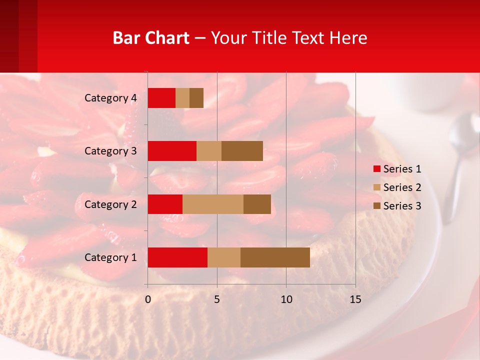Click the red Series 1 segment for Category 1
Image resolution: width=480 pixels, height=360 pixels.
[x=177, y=257]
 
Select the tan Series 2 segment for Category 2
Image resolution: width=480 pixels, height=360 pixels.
[x=213, y=204]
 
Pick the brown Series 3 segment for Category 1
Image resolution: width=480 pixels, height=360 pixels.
[x=275, y=257]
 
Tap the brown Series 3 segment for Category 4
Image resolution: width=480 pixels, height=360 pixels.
[x=196, y=98]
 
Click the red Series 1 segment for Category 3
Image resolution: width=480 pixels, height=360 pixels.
[x=172, y=151]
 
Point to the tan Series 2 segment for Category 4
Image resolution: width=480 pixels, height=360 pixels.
[x=182, y=98]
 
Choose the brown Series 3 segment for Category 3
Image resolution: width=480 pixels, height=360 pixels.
[x=242, y=151]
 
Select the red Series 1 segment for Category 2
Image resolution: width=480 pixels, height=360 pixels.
[x=165, y=204]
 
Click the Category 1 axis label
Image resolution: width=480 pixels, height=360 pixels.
[x=110, y=257]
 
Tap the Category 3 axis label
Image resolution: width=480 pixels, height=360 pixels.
[x=110, y=151]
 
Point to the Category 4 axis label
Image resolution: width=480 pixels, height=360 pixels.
[x=110, y=98]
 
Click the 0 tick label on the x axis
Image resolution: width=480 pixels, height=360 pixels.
[x=148, y=299]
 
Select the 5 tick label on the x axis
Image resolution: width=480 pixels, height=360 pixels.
[x=217, y=299]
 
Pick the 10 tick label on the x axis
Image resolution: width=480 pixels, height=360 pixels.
[x=286, y=299]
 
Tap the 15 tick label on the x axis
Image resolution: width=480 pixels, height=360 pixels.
[x=355, y=299]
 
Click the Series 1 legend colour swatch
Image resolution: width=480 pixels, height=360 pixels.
[x=376, y=169]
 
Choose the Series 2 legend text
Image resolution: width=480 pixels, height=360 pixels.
[x=402, y=187]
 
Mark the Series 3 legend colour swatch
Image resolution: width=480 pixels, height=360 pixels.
[x=376, y=206]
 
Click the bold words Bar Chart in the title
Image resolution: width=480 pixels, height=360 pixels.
[x=151, y=38]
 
